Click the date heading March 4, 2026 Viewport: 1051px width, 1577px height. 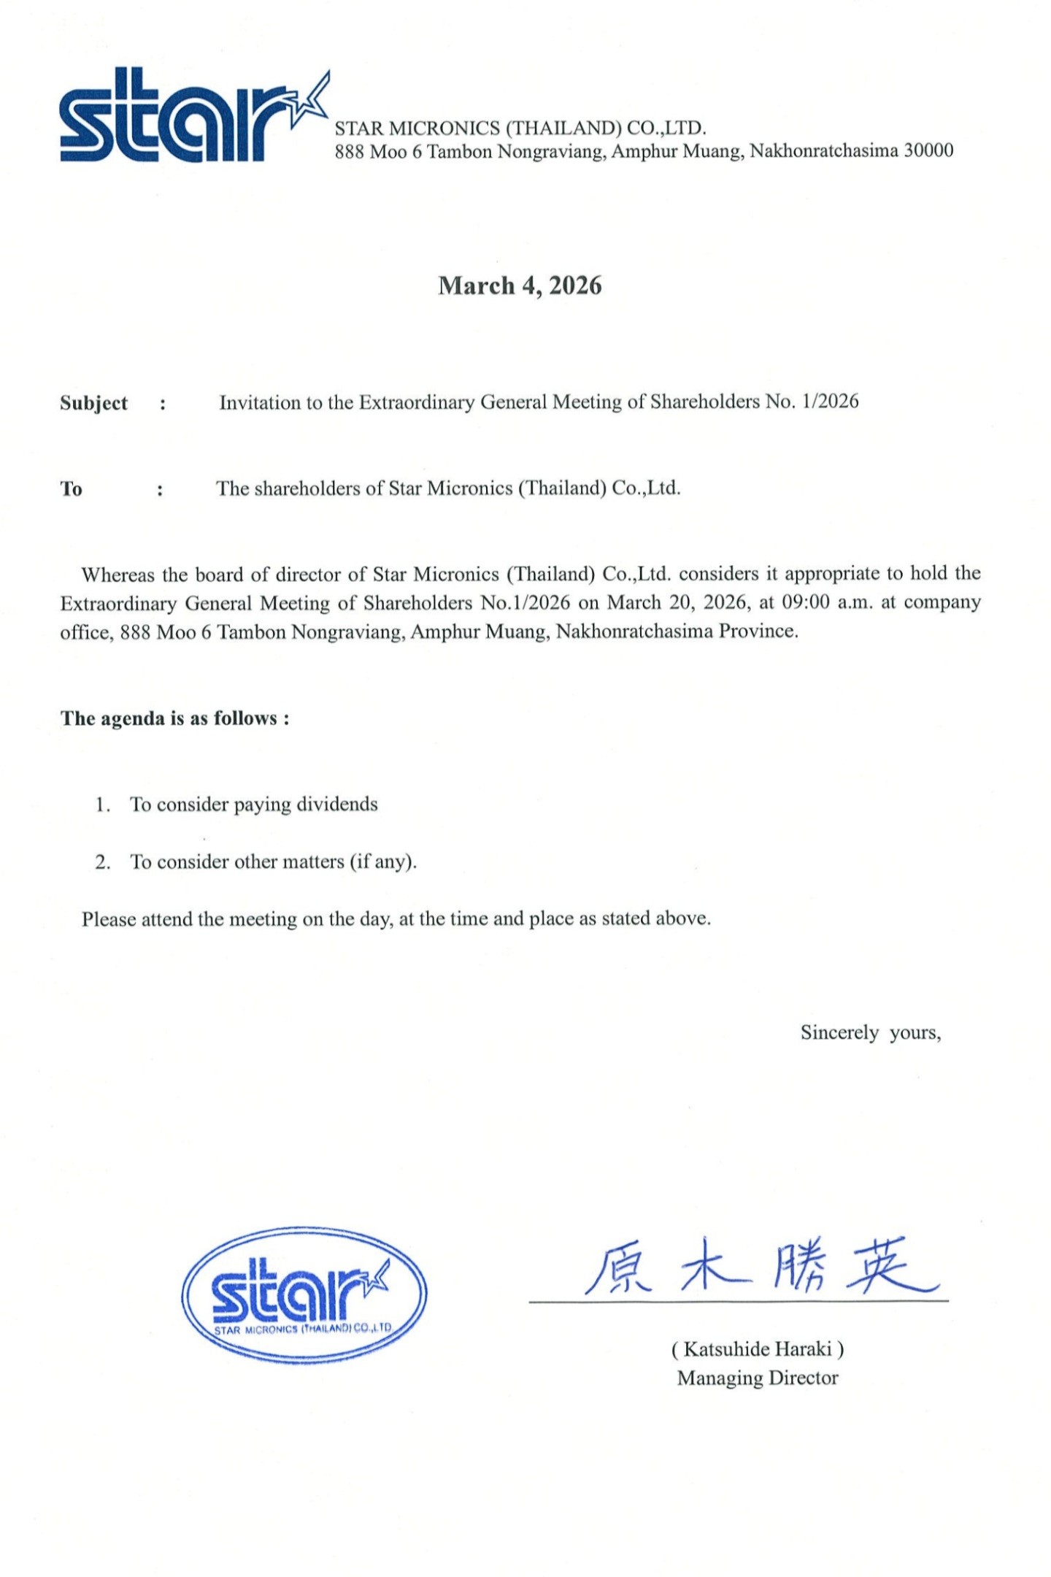(x=520, y=285)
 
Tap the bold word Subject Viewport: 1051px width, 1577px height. (x=93, y=403)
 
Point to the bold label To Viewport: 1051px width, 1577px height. (x=71, y=488)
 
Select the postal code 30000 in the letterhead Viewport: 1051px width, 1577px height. (x=928, y=150)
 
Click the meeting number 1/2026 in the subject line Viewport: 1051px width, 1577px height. (x=830, y=402)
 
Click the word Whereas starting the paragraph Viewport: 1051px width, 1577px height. (x=118, y=575)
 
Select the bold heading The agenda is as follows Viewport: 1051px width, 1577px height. (x=174, y=718)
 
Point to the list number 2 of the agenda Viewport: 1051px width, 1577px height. (x=101, y=862)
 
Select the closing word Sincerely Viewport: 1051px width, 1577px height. (x=839, y=1032)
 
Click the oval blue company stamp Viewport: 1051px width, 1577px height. (x=304, y=1294)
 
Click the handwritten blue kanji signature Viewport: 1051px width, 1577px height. (x=759, y=1267)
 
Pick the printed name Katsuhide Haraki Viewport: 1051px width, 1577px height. (x=758, y=1348)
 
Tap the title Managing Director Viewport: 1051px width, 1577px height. (x=758, y=1378)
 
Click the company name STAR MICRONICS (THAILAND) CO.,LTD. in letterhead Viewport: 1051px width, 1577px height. (x=520, y=128)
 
